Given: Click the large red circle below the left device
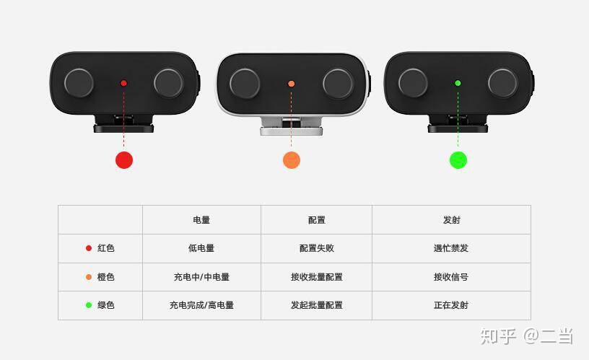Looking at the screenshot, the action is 124,160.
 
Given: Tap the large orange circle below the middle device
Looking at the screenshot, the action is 292,160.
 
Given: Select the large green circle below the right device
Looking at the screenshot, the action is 458,160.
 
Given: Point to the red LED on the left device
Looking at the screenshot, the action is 123,83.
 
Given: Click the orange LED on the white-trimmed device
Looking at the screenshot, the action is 291,84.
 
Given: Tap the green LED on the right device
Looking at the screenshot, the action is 458,83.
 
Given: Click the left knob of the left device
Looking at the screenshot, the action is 79,83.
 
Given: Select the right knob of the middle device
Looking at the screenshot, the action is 338,84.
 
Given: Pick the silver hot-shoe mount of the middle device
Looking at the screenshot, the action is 292,126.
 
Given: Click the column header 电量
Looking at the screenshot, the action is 201,220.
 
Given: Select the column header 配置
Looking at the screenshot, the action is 317,220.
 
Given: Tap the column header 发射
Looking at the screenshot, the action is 451,220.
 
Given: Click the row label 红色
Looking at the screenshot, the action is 106,248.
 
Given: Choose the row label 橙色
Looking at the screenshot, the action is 106,277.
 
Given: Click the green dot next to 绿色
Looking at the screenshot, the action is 89,305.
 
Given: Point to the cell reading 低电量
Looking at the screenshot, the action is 201,248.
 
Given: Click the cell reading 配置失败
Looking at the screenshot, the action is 317,248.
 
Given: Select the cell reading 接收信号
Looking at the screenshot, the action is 451,277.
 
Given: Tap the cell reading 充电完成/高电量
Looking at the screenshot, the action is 201,305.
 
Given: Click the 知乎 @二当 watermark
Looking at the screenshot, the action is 527,336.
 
